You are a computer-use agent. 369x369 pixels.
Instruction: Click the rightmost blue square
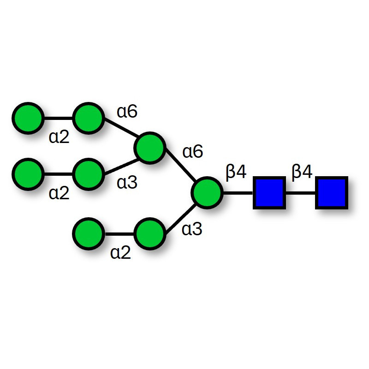click(x=331, y=192)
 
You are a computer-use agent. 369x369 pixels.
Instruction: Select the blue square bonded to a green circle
click(x=268, y=192)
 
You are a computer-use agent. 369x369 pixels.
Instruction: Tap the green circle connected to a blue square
click(x=207, y=192)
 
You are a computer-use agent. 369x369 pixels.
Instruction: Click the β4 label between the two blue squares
click(x=302, y=172)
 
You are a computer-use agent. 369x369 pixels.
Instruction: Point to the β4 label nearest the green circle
click(x=236, y=172)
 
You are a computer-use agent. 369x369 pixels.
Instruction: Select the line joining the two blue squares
click(x=300, y=192)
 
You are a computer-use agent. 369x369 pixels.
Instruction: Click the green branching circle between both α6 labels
click(x=149, y=148)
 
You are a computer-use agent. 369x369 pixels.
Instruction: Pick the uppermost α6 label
click(x=127, y=111)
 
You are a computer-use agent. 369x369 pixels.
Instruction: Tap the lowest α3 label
click(x=192, y=229)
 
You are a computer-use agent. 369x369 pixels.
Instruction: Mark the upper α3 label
click(x=127, y=183)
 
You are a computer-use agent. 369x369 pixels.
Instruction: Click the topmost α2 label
click(x=59, y=137)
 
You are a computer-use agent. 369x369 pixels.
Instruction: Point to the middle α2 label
click(x=59, y=193)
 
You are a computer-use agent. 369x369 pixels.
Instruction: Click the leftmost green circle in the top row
click(x=28, y=119)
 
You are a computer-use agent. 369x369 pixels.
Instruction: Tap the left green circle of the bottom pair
click(x=88, y=234)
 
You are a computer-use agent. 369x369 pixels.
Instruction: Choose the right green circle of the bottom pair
click(x=149, y=234)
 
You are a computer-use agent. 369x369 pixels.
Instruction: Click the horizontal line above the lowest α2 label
click(x=119, y=234)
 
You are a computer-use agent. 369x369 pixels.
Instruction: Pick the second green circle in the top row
click(x=88, y=119)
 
